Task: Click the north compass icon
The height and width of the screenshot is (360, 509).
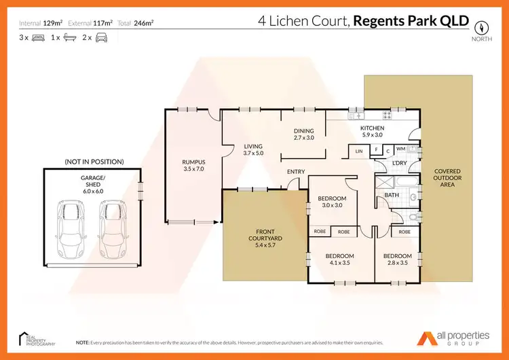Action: click(x=480, y=27)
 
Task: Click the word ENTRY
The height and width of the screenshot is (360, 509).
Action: click(x=296, y=171)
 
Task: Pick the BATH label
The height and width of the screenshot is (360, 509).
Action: click(x=392, y=195)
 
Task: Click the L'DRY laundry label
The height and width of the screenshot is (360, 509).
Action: click(x=399, y=164)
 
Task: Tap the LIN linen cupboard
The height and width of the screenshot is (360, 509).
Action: click(x=358, y=151)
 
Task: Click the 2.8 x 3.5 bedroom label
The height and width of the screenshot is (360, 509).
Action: click(x=397, y=259)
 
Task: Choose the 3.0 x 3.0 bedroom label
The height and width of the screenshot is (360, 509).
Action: click(x=332, y=202)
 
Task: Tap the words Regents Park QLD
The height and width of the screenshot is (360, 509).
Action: click(x=412, y=20)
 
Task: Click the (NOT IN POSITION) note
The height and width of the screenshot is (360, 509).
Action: click(x=94, y=162)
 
